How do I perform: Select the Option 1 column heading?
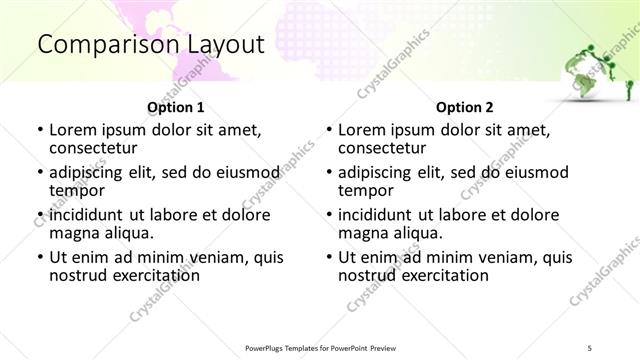175,107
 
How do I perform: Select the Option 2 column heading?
464,107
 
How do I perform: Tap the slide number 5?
590,348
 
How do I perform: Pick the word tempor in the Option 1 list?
76,190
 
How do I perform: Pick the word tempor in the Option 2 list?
365,190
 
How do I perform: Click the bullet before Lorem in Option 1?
40,130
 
